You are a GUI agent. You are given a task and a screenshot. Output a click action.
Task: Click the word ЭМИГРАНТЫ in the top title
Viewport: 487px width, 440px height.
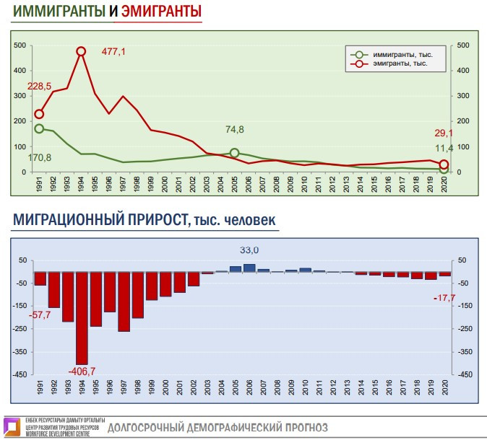(x=161, y=12)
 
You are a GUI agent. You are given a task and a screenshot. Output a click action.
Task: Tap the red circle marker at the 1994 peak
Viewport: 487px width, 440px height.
(x=81, y=51)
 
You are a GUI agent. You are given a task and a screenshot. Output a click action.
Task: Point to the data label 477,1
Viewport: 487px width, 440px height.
(x=113, y=51)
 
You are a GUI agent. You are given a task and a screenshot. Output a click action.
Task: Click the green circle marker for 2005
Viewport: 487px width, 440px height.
(x=234, y=153)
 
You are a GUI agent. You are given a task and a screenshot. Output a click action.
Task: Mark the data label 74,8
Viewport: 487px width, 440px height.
(x=235, y=130)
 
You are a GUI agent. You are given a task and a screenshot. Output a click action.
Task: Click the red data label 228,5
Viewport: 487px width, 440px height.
(x=40, y=87)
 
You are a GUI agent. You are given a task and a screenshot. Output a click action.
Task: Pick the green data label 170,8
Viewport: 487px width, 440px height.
(x=40, y=157)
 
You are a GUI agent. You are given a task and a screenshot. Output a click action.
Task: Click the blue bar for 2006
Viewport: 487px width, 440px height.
(x=249, y=268)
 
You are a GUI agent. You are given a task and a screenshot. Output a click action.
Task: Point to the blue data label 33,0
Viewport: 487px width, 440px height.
(x=249, y=250)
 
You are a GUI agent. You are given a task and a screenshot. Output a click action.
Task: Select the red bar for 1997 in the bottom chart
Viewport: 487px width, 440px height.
(x=124, y=302)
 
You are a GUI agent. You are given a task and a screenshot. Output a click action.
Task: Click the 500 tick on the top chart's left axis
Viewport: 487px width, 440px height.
(x=20, y=45)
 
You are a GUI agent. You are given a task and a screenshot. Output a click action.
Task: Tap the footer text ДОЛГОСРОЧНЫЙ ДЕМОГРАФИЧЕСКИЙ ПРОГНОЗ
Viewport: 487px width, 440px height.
(x=217, y=427)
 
